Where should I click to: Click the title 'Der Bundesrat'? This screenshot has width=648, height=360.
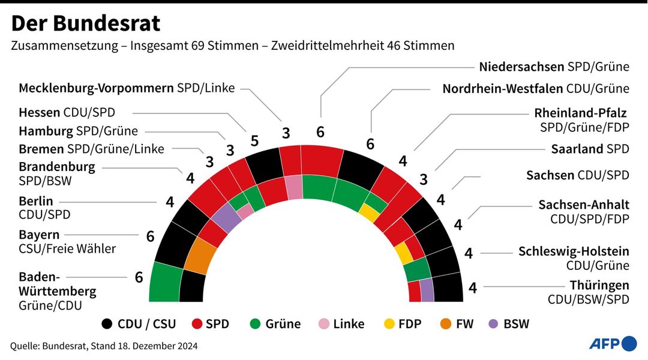(86, 23)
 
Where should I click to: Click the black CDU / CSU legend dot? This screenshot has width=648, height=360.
(108, 324)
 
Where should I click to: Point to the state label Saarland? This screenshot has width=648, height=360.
(578, 149)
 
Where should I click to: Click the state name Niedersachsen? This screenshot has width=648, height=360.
(522, 67)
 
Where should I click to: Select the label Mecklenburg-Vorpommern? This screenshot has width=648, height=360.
(97, 88)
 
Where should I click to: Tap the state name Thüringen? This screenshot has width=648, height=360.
(599, 285)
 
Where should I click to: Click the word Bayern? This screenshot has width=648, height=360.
(39, 235)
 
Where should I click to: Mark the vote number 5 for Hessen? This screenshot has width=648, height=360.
(254, 141)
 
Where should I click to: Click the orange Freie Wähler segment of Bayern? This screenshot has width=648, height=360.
(200, 257)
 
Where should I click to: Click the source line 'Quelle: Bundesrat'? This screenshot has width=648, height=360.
(49, 346)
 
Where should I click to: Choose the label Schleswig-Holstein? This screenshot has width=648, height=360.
(574, 251)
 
